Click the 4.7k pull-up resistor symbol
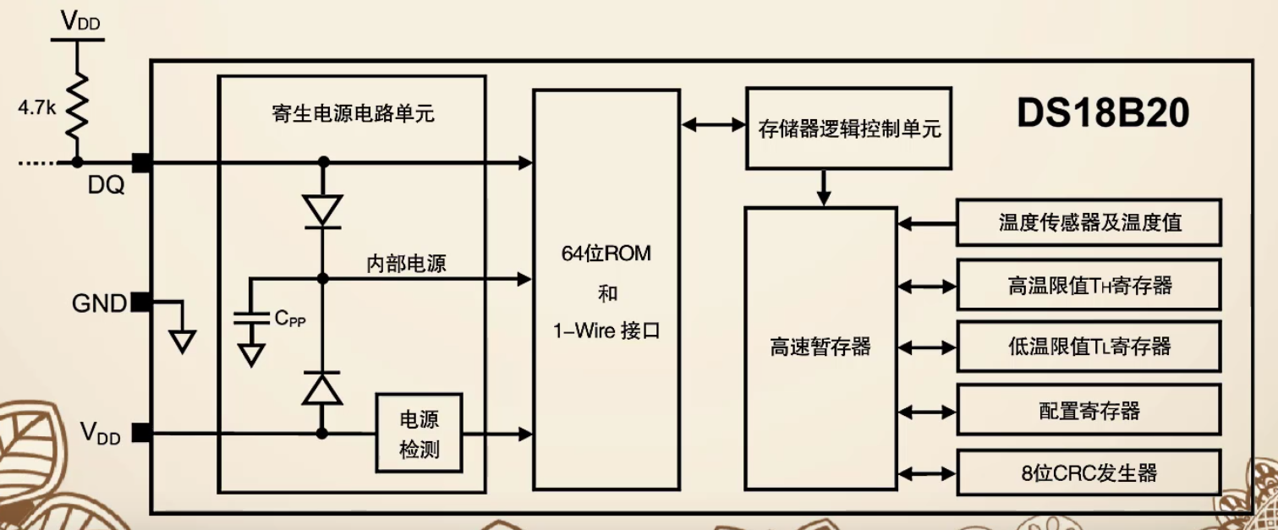[x=77, y=106]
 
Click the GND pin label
[x=99, y=303]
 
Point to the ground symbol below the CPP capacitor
[x=250, y=354]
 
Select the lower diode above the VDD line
[x=322, y=389]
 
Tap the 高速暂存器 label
[x=820, y=347]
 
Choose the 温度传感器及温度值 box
[x=1089, y=222]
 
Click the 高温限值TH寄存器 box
[x=1089, y=285]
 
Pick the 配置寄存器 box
[x=1089, y=411]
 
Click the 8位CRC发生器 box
[x=1089, y=473]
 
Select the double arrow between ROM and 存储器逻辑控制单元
[x=712, y=125]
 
